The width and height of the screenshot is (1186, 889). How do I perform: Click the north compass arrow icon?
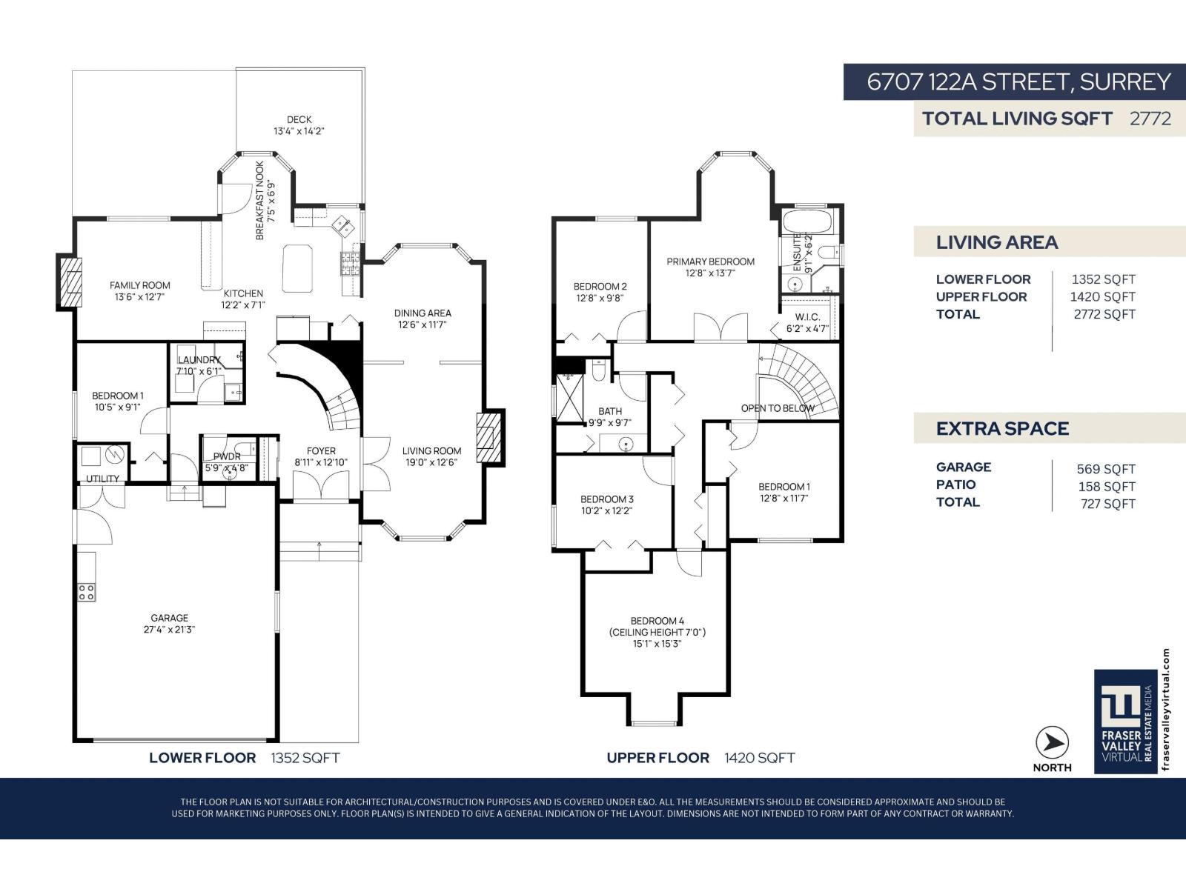[x=1052, y=743]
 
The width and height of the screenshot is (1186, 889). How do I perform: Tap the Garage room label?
[x=169, y=618]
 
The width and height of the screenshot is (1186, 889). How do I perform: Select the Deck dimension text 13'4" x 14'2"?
[x=299, y=131]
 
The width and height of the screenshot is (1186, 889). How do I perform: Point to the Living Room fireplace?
[x=490, y=437]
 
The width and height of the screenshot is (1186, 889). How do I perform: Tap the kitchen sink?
[x=343, y=224]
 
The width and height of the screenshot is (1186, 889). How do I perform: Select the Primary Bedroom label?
[x=710, y=262]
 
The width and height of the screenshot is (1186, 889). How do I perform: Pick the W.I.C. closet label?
[x=807, y=317]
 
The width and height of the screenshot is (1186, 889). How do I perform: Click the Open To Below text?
[x=778, y=408]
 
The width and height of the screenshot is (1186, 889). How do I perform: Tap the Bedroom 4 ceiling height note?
[x=657, y=633]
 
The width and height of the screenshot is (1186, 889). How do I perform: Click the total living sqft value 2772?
[x=1150, y=119]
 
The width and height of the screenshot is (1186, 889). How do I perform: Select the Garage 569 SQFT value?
[x=1105, y=469]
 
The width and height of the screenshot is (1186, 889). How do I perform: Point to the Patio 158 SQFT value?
[x=1106, y=487]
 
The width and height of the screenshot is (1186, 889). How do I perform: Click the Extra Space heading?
[x=1002, y=429]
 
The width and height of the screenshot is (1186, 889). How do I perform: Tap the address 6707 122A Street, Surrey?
[x=1018, y=81]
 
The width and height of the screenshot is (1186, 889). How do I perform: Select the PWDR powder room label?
[x=226, y=457]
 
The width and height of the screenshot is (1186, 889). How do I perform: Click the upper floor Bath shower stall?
[x=569, y=399]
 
